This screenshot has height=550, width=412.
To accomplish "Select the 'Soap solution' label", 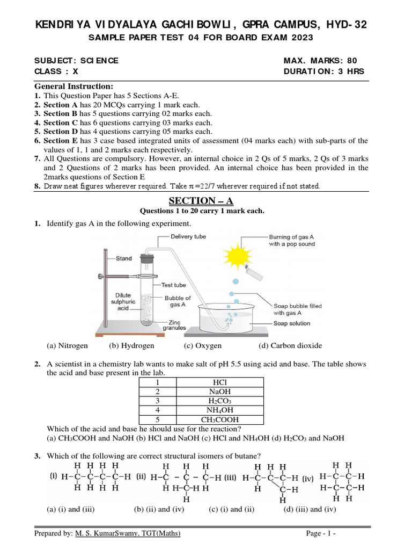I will [x=292, y=323].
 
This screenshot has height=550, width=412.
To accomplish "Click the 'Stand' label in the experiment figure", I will [x=123, y=258].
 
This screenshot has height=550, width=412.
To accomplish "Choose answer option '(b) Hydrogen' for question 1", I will [x=131, y=346].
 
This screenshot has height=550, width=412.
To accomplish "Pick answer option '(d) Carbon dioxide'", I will [x=290, y=346].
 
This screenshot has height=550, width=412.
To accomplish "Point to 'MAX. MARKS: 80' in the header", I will [x=320, y=61].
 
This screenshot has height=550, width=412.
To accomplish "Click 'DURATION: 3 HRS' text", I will [x=323, y=71].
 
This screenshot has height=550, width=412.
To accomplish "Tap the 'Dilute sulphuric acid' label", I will [x=123, y=301].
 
